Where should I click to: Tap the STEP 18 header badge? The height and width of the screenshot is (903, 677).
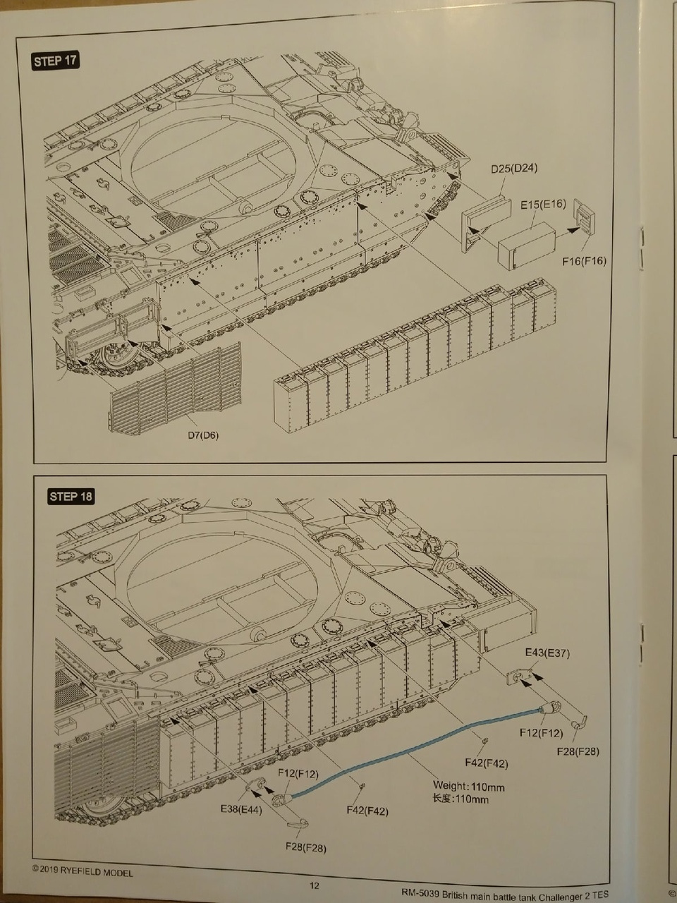coord(71,496)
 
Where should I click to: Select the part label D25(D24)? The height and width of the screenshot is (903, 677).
coord(515,169)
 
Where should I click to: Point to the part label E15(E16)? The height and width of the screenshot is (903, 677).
coord(543,205)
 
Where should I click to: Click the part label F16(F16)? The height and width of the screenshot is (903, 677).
coord(585,261)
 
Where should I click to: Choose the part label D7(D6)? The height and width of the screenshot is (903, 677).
coord(203,435)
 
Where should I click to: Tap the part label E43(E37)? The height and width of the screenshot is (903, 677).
coord(547,653)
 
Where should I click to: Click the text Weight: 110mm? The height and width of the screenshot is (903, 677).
coord(469,787)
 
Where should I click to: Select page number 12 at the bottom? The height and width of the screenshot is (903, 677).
coord(315,887)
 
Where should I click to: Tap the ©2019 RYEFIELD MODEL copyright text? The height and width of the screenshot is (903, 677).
coord(83,873)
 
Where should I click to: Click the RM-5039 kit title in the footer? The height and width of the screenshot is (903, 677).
coord(504,892)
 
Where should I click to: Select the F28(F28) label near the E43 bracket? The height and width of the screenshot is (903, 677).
coord(576,751)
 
